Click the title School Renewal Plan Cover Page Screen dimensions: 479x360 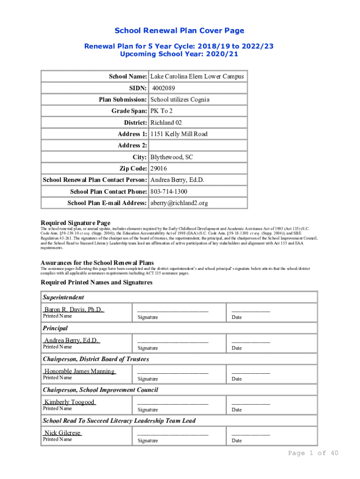(x=180, y=31)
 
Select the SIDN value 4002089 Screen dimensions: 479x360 (x=164, y=88)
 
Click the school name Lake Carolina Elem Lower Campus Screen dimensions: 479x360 (x=196, y=77)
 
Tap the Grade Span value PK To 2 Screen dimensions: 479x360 (x=161, y=111)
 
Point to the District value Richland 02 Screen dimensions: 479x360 (x=166, y=123)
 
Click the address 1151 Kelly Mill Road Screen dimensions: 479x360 (x=179, y=134)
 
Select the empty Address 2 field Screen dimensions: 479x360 (x=197, y=146)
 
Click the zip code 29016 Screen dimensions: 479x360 (x=159, y=168)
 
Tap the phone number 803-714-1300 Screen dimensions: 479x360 (x=169, y=192)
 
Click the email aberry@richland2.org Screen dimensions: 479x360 (x=179, y=203)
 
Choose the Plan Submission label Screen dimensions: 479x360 (x=123, y=100)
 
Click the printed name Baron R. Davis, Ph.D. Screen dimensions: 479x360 (x=73, y=310)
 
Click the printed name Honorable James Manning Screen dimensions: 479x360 (x=79, y=371)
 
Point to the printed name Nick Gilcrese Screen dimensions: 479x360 (x=62, y=433)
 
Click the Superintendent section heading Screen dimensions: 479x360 (x=64, y=298)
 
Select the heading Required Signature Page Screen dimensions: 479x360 (x=75, y=223)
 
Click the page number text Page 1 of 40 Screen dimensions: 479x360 (x=313, y=453)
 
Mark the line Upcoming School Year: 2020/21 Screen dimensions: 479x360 (x=180, y=54)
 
